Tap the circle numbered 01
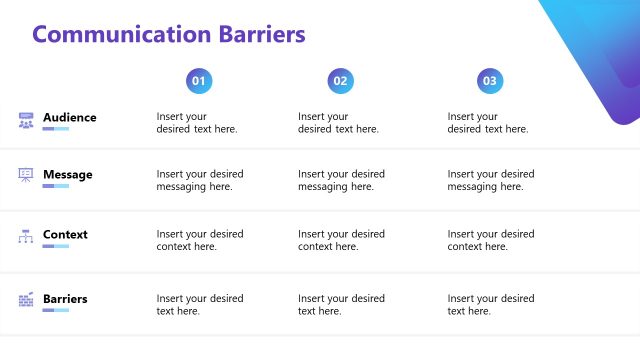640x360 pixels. pos(199,81)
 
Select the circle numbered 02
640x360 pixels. pos(341,81)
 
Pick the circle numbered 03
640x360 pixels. pos(490,81)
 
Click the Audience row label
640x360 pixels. pos(70,117)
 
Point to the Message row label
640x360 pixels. pos(67,175)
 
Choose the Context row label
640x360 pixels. pos(65,235)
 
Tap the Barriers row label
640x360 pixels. pos(65,298)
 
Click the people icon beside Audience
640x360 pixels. pos(26,121)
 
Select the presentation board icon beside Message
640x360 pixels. pos(26,176)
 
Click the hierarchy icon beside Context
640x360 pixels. pos(26,237)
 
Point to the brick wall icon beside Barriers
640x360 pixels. pos(26,300)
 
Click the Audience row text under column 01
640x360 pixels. pos(197,123)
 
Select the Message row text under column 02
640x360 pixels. pos(341,180)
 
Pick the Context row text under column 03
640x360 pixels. pos(490,240)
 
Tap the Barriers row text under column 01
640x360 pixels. pos(200,304)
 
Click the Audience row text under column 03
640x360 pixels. pos(488,123)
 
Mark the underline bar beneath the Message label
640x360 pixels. pos(56,186)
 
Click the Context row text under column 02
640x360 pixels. pos(341,240)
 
